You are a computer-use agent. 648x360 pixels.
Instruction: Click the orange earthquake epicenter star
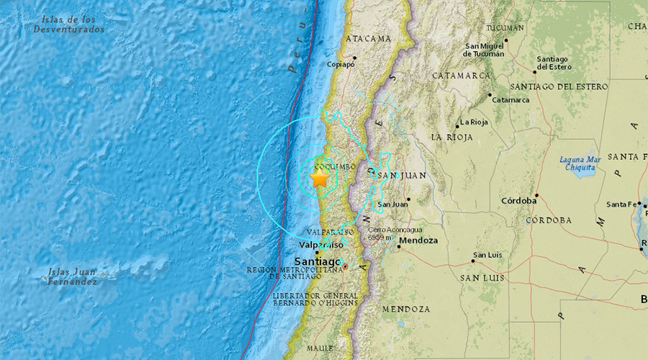[x=320, y=178]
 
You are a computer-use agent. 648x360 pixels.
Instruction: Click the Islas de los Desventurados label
[x=68, y=24]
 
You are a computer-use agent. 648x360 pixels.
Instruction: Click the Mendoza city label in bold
[x=418, y=240]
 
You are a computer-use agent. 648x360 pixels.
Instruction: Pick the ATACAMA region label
[x=369, y=38]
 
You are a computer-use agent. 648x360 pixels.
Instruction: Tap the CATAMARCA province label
[x=461, y=75]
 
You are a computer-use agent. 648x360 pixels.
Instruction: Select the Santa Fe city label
[x=621, y=204]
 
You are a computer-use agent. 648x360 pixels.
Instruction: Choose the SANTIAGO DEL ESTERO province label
[x=570, y=87]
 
